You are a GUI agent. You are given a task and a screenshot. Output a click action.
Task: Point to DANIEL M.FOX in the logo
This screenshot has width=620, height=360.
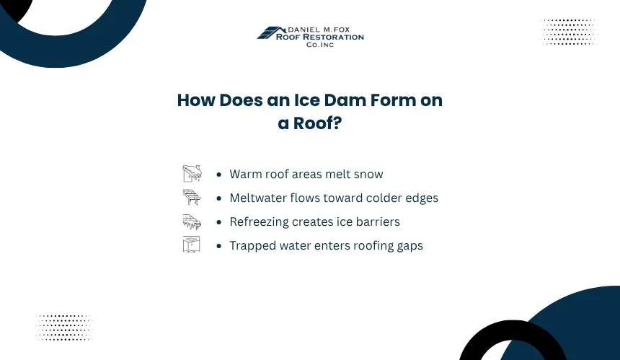click(319, 30)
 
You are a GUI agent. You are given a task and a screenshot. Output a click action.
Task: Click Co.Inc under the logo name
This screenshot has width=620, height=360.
click(320, 45)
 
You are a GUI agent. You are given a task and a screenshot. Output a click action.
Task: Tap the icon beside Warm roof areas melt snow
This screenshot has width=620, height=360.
click(192, 174)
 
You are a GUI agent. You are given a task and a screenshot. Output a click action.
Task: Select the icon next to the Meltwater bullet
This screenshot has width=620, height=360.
click(192, 198)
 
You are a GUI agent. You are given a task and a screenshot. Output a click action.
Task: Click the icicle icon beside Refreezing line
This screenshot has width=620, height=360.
click(192, 222)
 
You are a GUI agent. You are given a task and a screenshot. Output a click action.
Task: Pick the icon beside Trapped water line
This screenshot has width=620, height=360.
click(191, 245)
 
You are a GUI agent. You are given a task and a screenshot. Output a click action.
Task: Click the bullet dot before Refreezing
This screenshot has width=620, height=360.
click(219, 222)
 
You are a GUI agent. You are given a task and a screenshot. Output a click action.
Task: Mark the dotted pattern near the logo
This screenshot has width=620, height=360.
click(569, 32)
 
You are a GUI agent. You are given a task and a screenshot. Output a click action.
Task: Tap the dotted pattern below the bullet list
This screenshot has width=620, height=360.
click(64, 328)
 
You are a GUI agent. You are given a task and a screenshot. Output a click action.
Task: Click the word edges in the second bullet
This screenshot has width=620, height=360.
click(422, 198)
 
